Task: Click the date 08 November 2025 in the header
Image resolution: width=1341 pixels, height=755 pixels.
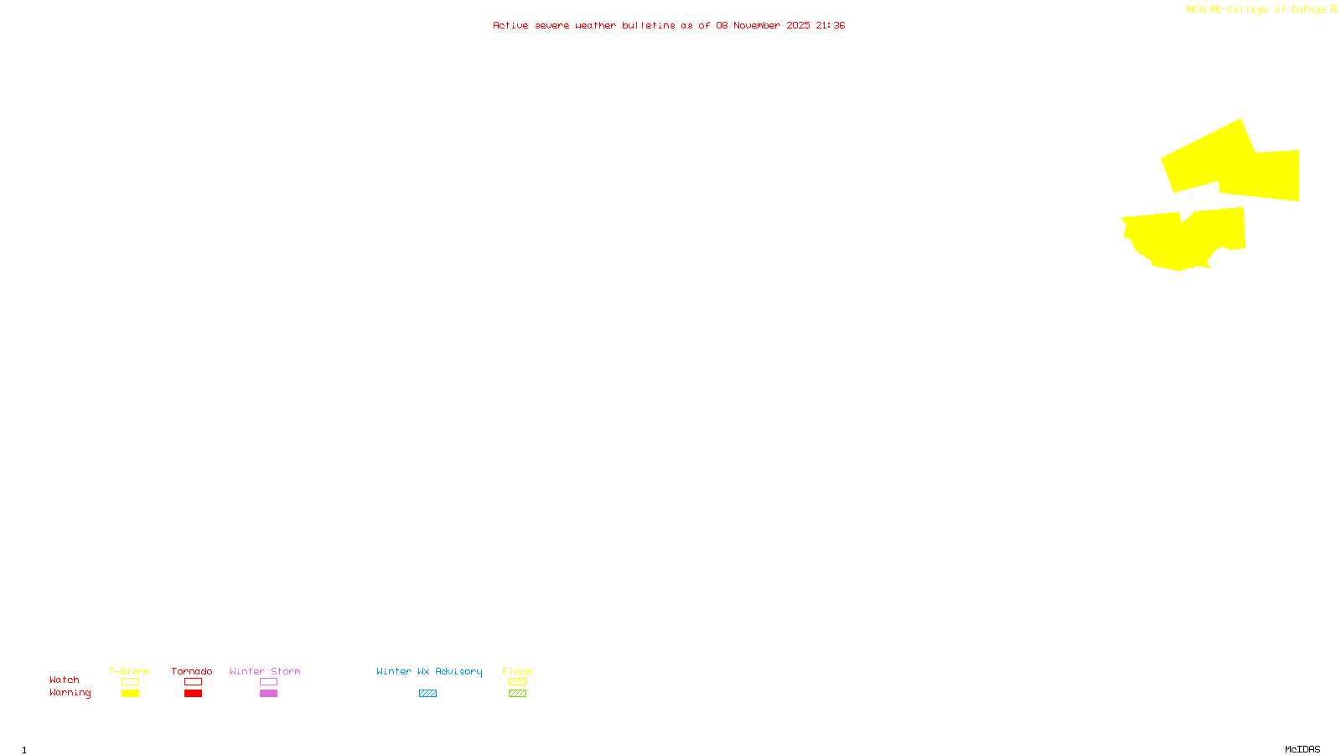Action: tap(763, 25)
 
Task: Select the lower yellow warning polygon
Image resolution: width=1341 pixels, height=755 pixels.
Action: tap(1182, 239)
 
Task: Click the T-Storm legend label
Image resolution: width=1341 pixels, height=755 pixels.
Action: tap(129, 671)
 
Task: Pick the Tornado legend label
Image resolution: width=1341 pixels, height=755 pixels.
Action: tap(192, 671)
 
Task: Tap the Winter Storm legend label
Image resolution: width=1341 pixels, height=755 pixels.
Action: tap(265, 671)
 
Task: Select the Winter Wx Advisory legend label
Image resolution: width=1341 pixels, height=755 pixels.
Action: tap(429, 671)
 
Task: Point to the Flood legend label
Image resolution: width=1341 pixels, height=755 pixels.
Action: tap(517, 671)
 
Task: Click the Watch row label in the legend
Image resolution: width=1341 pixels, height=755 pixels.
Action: tap(65, 679)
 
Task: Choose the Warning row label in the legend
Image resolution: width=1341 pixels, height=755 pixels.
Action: tap(70, 693)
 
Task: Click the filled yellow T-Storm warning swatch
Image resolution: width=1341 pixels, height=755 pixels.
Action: tap(130, 694)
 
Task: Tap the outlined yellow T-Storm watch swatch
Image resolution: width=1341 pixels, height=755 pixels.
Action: tap(130, 682)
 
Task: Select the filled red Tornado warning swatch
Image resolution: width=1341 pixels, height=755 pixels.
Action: tap(194, 694)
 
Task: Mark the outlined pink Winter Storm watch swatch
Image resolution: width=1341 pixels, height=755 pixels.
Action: tap(268, 682)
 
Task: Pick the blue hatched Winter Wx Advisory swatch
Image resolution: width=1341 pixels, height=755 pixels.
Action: tap(427, 694)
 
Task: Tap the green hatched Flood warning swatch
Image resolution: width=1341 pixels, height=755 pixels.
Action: tap(517, 694)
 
